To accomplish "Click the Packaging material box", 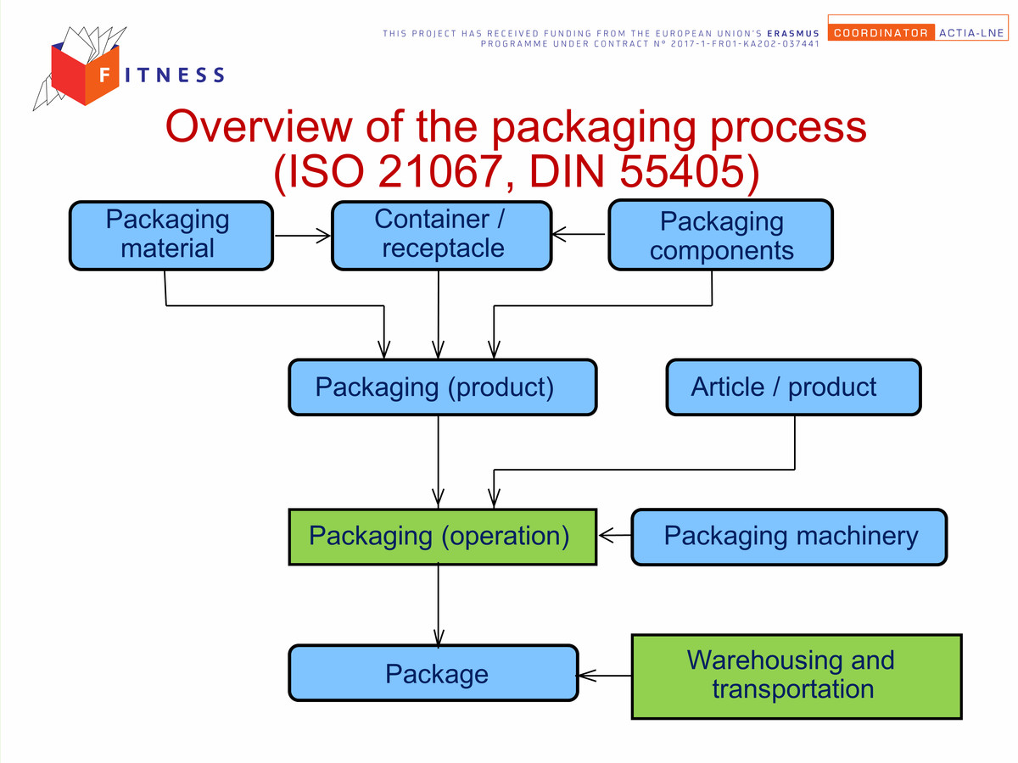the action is tap(171, 236).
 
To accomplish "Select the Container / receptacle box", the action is tap(441, 236).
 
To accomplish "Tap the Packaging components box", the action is tap(721, 235).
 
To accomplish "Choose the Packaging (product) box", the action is tap(443, 387).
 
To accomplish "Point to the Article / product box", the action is tap(793, 387).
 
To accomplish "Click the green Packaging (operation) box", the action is tap(443, 537).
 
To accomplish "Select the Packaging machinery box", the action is tap(789, 537).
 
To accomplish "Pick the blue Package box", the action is tap(433, 672).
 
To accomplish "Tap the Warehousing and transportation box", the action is tap(797, 677).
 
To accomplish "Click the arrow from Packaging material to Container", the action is tap(302, 236).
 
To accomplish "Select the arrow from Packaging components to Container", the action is tap(579, 234).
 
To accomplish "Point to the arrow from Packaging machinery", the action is tap(614, 535).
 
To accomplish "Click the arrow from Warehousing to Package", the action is tap(604, 676).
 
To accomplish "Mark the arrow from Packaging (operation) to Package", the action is tap(439, 604).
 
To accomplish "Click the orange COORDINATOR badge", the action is tap(881, 32).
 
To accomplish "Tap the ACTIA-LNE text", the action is tap(971, 33).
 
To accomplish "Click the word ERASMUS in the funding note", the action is tap(793, 33).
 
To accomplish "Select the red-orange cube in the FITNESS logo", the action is tap(85, 74).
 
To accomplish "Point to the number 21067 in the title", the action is tap(440, 171).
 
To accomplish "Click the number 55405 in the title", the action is tap(682, 171).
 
